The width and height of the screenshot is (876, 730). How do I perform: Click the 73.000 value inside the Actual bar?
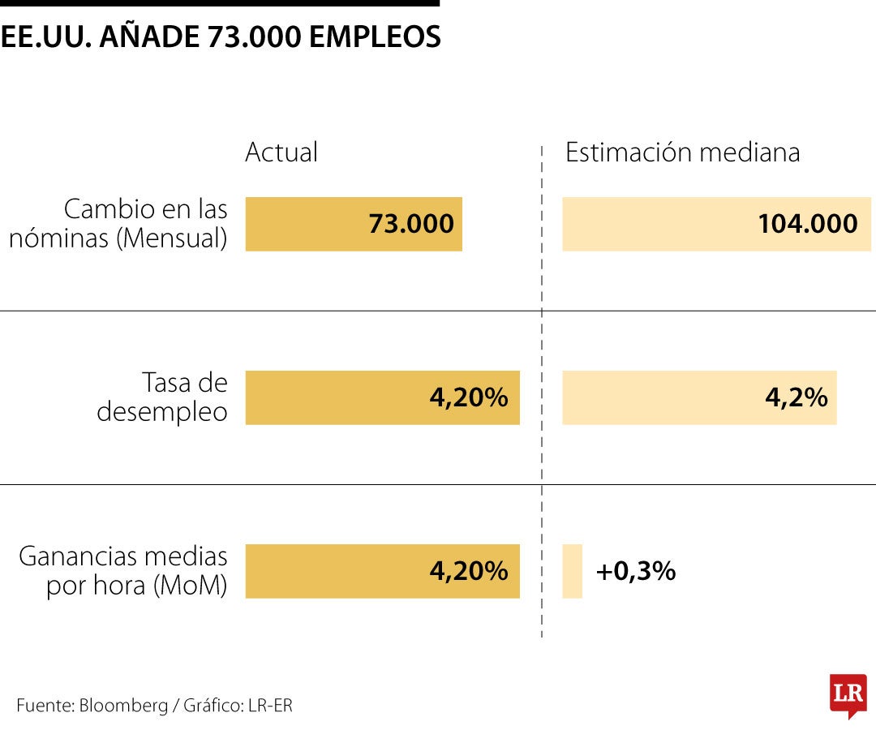[411, 224]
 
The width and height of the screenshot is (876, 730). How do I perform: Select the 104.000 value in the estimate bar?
[807, 224]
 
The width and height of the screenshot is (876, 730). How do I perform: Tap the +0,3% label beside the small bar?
[635, 571]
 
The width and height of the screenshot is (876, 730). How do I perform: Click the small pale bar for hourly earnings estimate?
[572, 571]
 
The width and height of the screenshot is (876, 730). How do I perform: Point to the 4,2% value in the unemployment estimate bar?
[796, 397]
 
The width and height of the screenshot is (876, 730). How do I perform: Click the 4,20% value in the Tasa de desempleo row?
[468, 397]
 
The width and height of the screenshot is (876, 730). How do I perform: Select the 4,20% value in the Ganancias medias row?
[468, 571]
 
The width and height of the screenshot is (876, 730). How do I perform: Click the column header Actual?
[281, 152]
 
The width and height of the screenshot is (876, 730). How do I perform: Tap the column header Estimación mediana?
[682, 152]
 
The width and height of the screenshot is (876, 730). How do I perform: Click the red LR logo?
[848, 694]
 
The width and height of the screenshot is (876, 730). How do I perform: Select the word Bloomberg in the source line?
[122, 706]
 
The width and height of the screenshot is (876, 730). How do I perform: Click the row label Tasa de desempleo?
[162, 397]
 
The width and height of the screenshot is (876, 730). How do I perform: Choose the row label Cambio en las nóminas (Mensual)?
[118, 224]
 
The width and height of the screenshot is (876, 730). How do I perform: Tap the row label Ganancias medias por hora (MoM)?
[123, 571]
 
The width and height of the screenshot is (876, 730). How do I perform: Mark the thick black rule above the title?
[219, 3]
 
